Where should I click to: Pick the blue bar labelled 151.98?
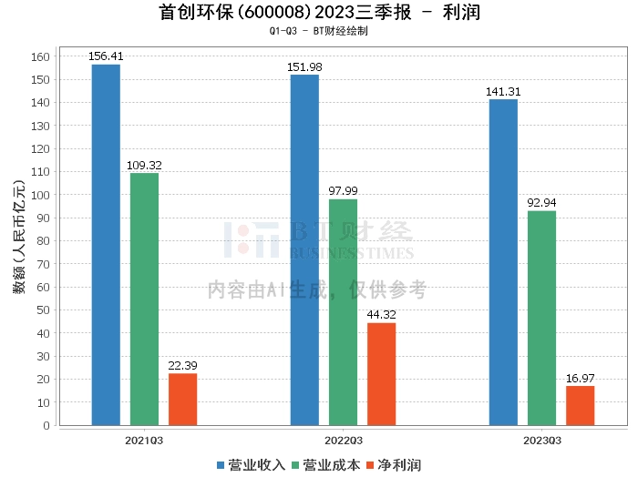[x=304, y=249]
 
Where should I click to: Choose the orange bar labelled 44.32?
[x=381, y=373]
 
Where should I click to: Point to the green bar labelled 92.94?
[x=541, y=318]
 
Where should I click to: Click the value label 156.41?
[x=106, y=56]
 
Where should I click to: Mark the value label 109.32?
[x=144, y=166]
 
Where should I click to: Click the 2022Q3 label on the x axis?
[x=343, y=440]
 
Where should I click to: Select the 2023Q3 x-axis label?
[x=541, y=440]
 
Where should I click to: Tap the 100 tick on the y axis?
[x=40, y=195]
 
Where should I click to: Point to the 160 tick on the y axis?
[x=40, y=56]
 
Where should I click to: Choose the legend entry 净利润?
[x=399, y=465]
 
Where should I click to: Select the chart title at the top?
[x=319, y=13]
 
